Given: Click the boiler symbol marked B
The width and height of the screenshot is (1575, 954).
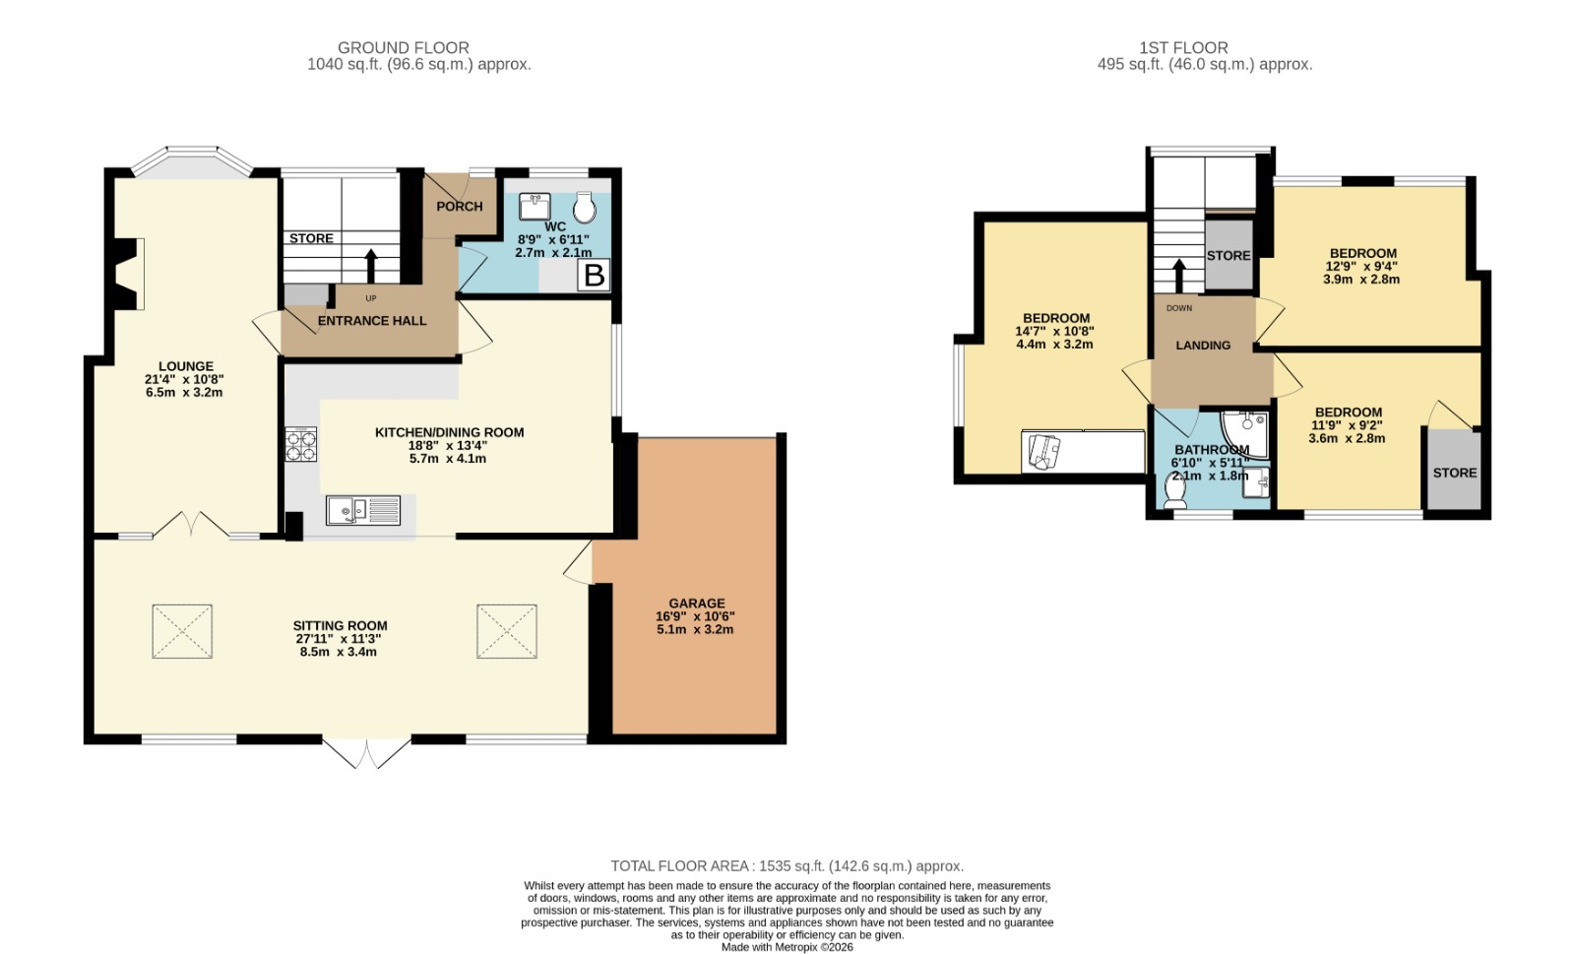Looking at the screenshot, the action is coord(595,275).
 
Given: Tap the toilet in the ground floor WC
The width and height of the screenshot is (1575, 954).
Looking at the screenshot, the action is coord(585,208).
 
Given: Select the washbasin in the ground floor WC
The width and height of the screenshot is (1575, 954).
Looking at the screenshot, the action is coord(535,207).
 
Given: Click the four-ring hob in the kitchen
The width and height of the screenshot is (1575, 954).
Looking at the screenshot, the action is coord(301,444).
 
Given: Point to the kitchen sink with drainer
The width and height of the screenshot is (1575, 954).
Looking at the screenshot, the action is coord(363,510).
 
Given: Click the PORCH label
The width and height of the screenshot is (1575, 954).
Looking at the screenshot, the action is coord(460,206).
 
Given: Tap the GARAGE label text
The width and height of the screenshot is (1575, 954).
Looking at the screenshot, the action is coord(697,604).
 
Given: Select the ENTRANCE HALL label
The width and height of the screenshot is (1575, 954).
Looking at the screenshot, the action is coord(372,321).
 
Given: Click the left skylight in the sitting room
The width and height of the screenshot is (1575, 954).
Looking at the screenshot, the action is coord(182,631).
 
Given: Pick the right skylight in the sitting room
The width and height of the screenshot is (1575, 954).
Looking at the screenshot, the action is coord(507,631).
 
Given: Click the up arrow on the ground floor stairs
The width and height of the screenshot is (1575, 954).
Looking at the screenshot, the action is coord(371,266).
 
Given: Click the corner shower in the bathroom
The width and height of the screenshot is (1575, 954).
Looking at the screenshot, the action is coord(1244,434).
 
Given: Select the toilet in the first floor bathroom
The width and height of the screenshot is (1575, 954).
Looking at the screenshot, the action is coord(1175,490).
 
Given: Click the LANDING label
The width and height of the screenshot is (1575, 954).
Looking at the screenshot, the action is coord(1203,346).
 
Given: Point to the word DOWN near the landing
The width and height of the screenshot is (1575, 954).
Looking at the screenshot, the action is coord(1179,308).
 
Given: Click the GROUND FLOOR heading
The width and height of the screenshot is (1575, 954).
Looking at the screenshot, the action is coord(404,48).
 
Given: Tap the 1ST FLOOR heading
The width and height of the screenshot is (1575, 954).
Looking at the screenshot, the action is coord(1184,48).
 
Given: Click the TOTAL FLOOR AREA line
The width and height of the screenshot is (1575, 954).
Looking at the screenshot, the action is coord(787,866).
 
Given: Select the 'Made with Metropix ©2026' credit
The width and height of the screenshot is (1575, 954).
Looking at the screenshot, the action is coord(787,947).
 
